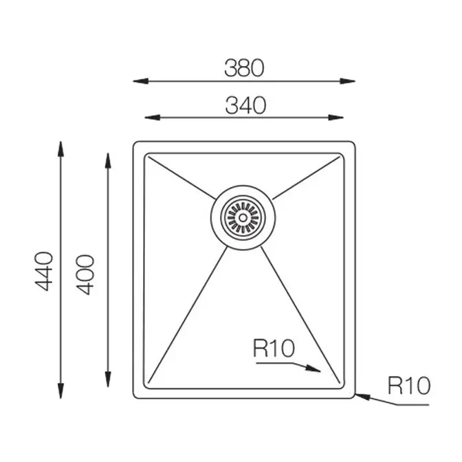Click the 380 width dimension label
[244, 68]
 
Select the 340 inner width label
[245, 105]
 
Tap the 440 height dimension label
[44, 271]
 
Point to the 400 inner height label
[85, 274]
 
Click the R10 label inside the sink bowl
[274, 349]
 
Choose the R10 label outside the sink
[409, 386]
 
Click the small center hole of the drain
[243, 218]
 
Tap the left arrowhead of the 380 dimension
[141, 81]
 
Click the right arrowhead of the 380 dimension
[347, 81]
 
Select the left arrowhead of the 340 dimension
[153, 118]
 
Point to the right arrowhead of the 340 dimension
[335, 118]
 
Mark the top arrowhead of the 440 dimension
[60, 149]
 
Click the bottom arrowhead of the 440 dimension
[60, 391]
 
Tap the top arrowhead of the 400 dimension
[108, 161]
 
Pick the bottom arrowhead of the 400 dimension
[108, 379]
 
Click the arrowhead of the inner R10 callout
[313, 368]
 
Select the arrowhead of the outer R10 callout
[363, 396]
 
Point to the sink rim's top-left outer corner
[134, 143]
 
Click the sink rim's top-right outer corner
[354, 143]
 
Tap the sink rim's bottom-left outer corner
[134, 397]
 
